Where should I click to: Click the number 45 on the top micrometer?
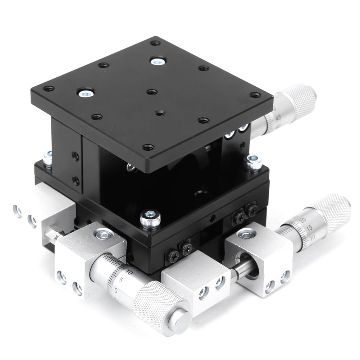click(x=268, y=118)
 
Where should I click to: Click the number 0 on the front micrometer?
click(x=115, y=290)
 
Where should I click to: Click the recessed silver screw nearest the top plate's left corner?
click(x=86, y=94)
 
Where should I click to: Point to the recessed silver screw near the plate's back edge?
click(x=157, y=61)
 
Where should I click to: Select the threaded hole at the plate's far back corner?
click(x=155, y=43)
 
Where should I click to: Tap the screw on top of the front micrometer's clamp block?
click(x=104, y=234)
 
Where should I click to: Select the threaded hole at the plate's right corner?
click(x=255, y=95)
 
